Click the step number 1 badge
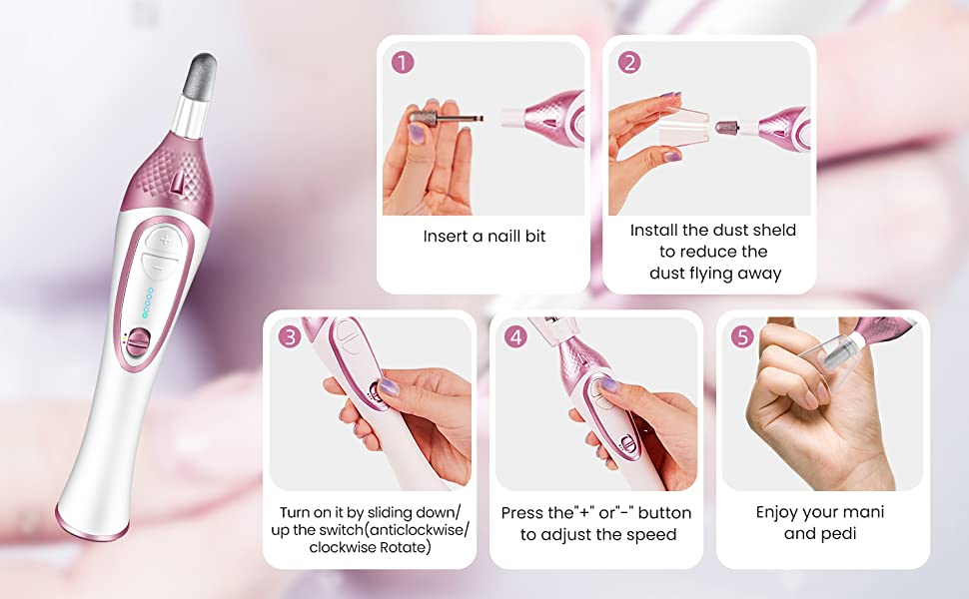pos(403,62)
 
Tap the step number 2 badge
pos(629,62)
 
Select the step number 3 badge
pos(290,337)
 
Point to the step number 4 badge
pos(516,337)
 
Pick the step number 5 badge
pos(743,337)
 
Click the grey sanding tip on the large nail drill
pos(200,76)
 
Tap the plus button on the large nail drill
pos(165,240)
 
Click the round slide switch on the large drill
pos(139,342)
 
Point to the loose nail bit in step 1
pos(442,116)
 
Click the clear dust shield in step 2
pos(683,127)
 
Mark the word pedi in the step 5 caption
pos(839,533)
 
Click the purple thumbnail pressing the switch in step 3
pos(388,387)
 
